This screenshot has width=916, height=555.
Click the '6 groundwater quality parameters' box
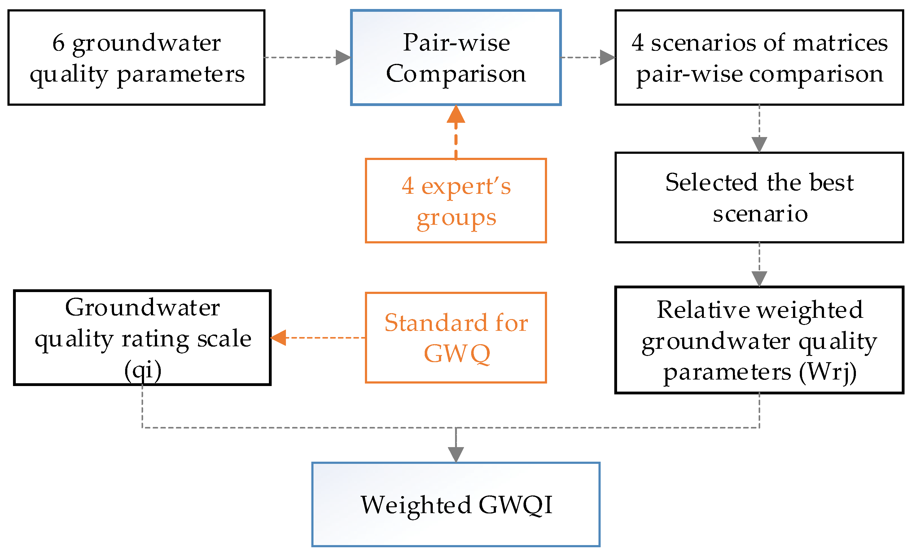pyautogui.click(x=136, y=58)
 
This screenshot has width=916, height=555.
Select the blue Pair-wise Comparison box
pyautogui.click(x=456, y=58)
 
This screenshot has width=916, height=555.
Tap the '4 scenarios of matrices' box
pyautogui.click(x=759, y=58)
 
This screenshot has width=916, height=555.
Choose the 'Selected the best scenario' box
pyautogui.click(x=759, y=198)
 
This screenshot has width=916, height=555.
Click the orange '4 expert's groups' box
pyautogui.click(x=456, y=201)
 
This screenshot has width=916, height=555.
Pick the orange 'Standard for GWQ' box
pyautogui.click(x=456, y=338)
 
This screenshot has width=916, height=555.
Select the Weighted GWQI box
pyautogui.click(x=456, y=504)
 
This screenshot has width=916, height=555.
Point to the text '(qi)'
pyautogui.click(x=143, y=371)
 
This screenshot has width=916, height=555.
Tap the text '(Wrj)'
pyautogui.click(x=827, y=372)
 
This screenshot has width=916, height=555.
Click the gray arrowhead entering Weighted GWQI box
pyautogui.click(x=456, y=455)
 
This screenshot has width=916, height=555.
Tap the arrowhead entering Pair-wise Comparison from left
pyautogui.click(x=343, y=58)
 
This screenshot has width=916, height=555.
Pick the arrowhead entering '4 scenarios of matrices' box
pyautogui.click(x=607, y=58)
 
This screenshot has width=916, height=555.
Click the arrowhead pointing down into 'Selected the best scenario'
pyautogui.click(x=759, y=144)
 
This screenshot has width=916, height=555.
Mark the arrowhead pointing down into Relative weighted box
pyautogui.click(x=759, y=279)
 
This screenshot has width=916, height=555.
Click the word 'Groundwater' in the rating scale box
pyautogui.click(x=142, y=308)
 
